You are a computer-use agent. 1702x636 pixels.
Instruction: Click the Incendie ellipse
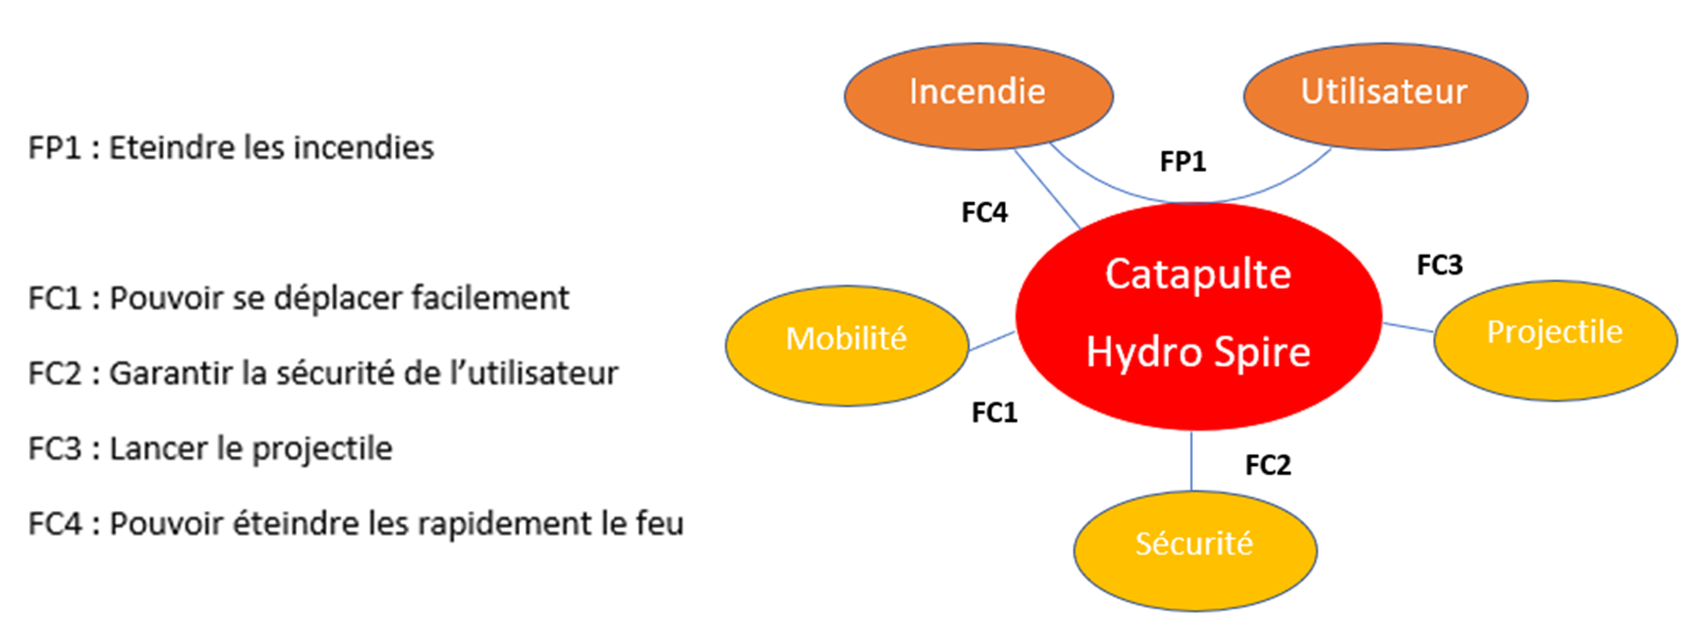[x=978, y=95]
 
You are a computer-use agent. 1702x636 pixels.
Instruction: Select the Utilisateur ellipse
[x=1385, y=95]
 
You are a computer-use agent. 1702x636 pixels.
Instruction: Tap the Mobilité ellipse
[x=846, y=344]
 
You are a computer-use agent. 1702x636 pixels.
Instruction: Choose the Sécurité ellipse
[x=1194, y=548]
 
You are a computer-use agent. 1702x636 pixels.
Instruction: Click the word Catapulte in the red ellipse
[x=1197, y=275]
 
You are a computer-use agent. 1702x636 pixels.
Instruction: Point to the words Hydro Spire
[x=1197, y=352]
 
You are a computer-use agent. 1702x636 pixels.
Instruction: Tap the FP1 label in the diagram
[x=1183, y=162]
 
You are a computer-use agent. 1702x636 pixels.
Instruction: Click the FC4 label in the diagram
[x=985, y=213]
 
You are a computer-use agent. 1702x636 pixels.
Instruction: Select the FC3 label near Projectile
[x=1439, y=265]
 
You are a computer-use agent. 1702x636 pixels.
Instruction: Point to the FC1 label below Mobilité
[x=995, y=413]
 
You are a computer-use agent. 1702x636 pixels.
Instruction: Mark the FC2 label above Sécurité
[x=1268, y=465]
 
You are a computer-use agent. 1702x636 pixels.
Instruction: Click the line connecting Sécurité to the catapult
[x=1191, y=460]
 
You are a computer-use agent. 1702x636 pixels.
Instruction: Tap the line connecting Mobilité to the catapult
[x=991, y=341]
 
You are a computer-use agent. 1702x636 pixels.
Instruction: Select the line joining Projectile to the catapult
[x=1408, y=327]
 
